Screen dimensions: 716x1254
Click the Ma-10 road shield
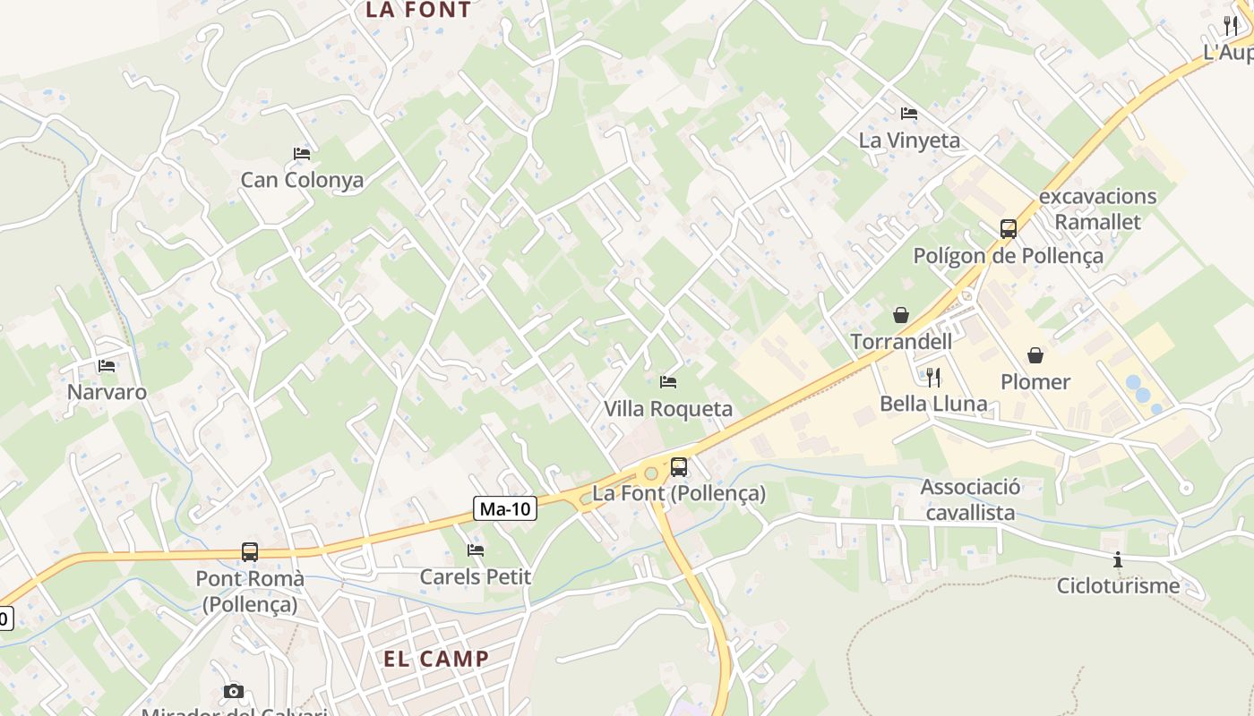(505, 509)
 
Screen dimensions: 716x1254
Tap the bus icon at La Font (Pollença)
(679, 466)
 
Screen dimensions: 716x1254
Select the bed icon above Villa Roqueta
(668, 382)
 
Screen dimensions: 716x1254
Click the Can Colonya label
(302, 180)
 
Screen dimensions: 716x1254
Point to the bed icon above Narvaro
(107, 366)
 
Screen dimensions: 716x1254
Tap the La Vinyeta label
(909, 141)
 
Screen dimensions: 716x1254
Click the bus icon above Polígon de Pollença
(1009, 229)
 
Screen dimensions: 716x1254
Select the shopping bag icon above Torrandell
(901, 315)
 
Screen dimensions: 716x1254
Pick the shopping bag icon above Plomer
(1035, 355)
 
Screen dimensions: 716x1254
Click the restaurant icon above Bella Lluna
(933, 376)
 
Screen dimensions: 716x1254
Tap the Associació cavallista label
(970, 499)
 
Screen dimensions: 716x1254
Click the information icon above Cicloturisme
(1118, 560)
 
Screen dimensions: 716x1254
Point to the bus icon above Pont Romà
(250, 552)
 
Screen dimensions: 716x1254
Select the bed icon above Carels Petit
(476, 550)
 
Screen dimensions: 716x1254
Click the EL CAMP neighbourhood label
(437, 659)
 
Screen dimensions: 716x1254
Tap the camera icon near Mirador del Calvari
(234, 691)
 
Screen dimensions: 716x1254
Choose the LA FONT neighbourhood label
(418, 11)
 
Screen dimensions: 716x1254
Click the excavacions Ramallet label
(1098, 209)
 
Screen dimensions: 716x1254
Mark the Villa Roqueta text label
(668, 409)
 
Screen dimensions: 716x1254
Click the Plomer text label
(1035, 382)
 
